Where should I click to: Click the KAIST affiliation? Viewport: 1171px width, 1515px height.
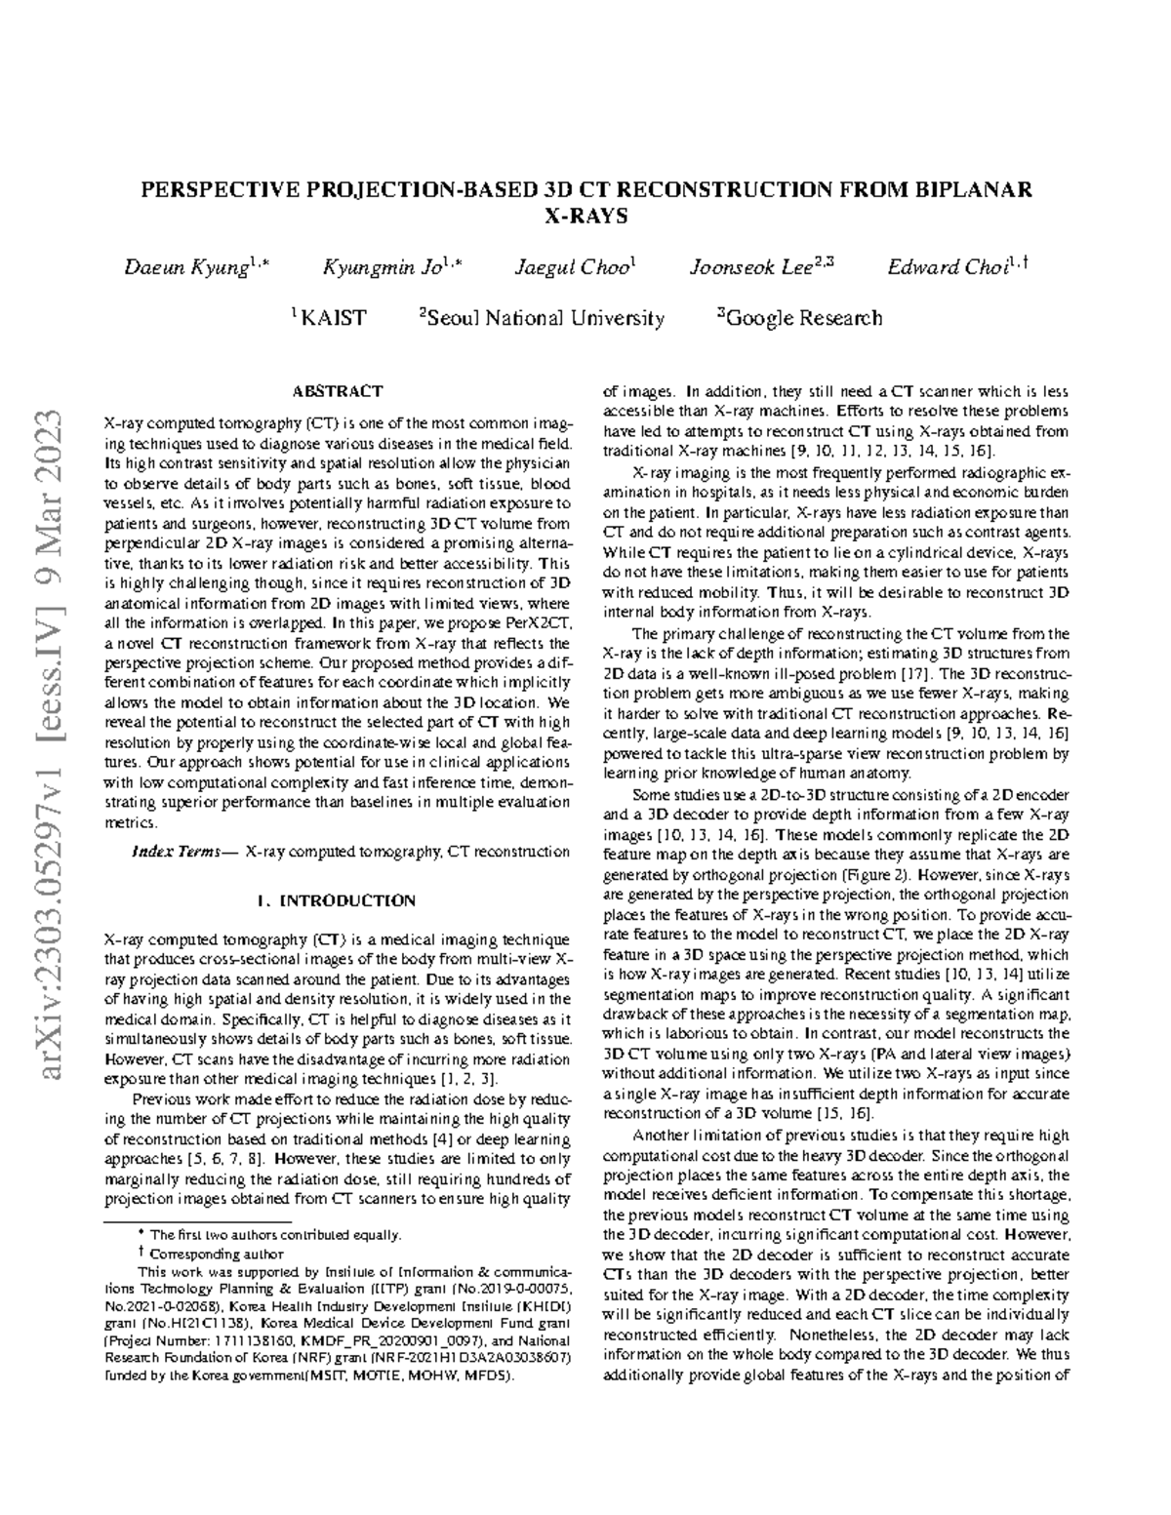333,318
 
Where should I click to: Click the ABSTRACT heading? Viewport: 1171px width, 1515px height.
338,391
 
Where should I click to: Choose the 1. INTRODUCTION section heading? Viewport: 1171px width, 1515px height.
338,900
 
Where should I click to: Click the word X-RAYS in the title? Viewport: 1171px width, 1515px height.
585,215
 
